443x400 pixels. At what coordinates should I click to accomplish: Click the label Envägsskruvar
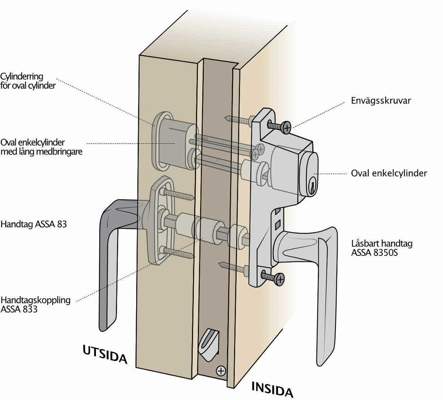(381, 101)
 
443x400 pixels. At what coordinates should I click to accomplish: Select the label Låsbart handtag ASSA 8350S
(382, 248)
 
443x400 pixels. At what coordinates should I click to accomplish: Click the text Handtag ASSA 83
(34, 225)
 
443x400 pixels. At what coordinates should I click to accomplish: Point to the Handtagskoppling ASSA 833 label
(35, 304)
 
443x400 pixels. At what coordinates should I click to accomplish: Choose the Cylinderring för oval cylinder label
(28, 81)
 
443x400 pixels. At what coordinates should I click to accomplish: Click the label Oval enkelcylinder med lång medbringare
(41, 147)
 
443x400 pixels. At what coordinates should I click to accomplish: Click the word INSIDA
(272, 389)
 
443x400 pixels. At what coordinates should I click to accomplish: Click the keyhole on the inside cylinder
(313, 187)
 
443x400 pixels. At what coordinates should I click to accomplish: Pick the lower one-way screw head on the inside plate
(279, 279)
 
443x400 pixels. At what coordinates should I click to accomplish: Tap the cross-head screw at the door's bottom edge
(221, 371)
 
